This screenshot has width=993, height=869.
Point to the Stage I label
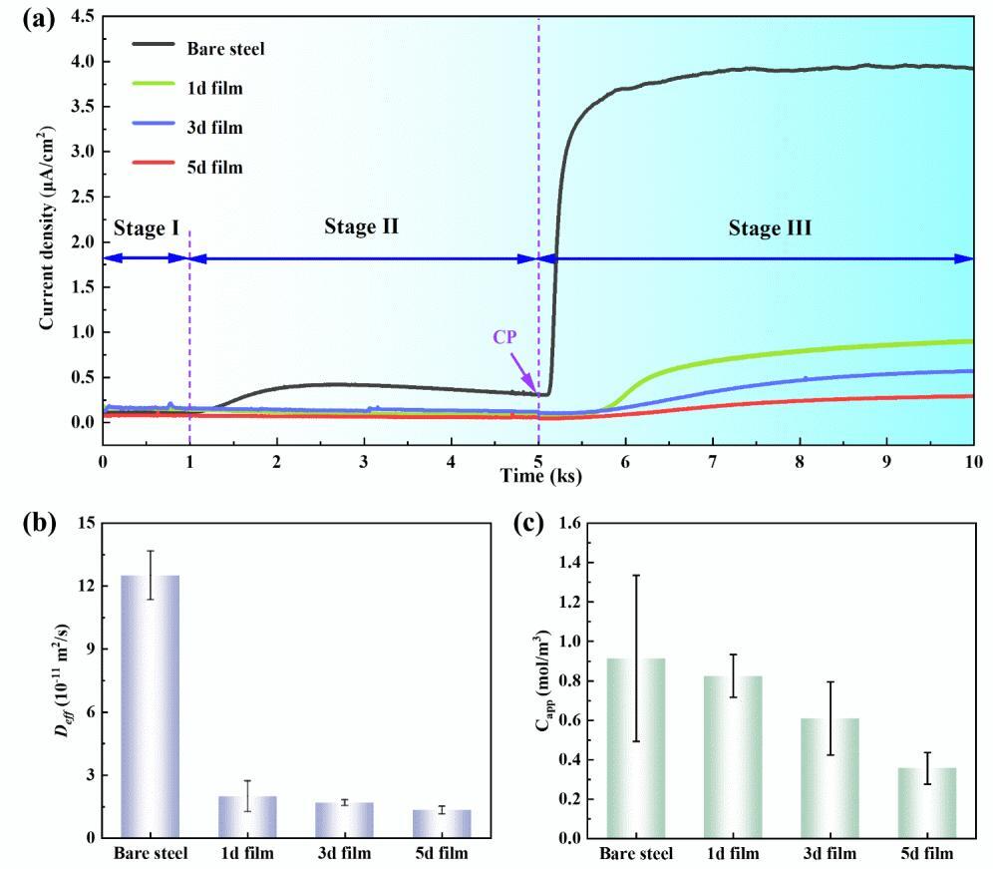147,229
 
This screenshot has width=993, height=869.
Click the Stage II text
361,227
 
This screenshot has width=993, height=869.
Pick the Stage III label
770,229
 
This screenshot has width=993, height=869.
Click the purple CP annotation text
505,337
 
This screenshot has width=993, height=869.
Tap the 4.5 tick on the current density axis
83,17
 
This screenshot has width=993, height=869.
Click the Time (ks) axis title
538,476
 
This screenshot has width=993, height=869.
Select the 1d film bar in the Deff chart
247,816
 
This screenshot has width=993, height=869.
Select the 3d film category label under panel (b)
344,854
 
